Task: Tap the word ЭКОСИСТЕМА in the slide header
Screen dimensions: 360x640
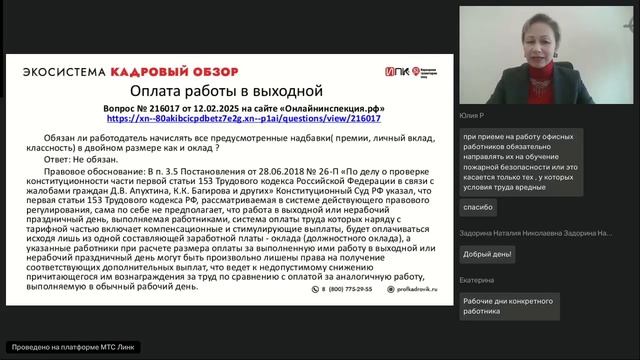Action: pos(63,73)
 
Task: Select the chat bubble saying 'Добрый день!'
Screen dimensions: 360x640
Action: pos(487,253)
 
